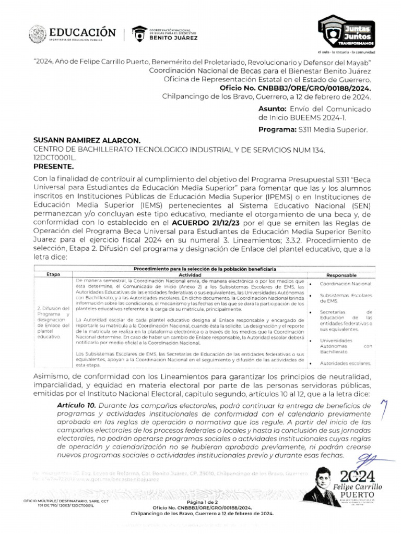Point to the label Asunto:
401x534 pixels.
point(272,108)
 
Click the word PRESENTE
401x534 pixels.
point(53,166)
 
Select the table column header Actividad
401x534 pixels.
point(190,274)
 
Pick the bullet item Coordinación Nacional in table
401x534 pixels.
point(346,284)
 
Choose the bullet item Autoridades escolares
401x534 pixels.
point(345,363)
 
